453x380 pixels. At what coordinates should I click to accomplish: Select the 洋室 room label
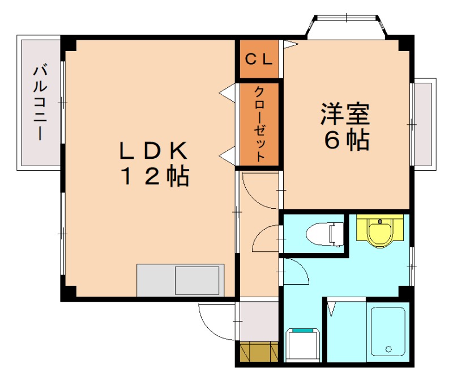(345, 114)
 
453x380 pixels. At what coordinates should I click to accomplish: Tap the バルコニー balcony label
(40, 103)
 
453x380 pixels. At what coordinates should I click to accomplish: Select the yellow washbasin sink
(379, 231)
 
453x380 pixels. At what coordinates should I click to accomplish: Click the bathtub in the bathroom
(388, 331)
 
